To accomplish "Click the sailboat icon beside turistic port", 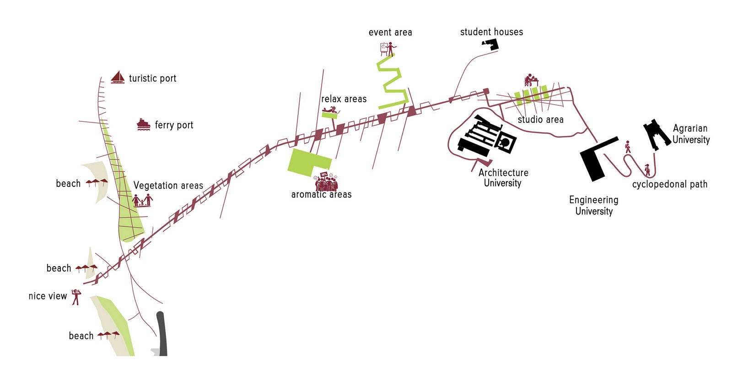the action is (118, 77).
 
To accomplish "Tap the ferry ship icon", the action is (144, 125).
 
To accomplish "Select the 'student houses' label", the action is (491, 32).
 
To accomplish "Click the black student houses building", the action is (491, 44).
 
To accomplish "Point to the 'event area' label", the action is (390, 33).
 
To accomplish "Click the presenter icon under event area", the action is (388, 49).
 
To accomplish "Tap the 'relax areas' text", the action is (344, 99).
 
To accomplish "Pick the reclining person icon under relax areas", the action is (330, 110).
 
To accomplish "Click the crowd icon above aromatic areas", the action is (326, 182).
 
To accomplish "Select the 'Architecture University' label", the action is (503, 178).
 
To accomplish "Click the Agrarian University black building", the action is (657, 134).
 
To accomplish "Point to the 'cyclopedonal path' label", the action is (670, 184).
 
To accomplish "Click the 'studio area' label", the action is (540, 120).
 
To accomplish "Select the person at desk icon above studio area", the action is (531, 80).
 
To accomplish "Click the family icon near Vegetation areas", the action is (142, 200).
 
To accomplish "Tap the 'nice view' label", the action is (48, 296).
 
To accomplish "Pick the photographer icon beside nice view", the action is (76, 297).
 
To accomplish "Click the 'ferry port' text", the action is (174, 125).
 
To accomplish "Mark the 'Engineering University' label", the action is (594, 205).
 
